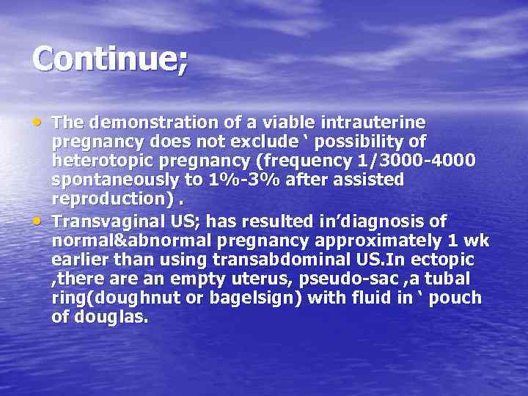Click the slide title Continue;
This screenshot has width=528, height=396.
pos(109,59)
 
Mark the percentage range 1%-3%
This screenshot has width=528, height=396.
pos(235,180)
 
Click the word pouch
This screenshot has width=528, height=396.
pos(456,298)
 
